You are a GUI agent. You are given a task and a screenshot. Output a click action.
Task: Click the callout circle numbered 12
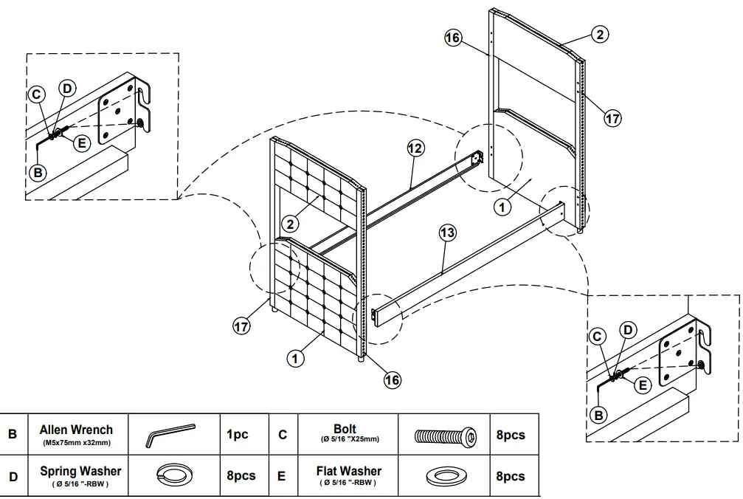click(x=415, y=148)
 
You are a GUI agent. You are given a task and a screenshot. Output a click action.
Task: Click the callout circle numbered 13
click(x=447, y=233)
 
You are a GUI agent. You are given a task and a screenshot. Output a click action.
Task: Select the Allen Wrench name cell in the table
click(x=76, y=435)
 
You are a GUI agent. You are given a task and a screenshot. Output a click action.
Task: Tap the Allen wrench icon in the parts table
click(x=170, y=434)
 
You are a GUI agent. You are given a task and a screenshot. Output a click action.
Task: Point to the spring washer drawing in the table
click(x=171, y=475)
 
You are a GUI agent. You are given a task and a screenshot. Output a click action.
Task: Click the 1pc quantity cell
click(x=237, y=435)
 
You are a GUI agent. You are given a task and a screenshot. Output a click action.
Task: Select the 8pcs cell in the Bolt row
click(x=510, y=435)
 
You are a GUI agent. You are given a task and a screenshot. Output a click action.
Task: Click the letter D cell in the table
click(x=13, y=476)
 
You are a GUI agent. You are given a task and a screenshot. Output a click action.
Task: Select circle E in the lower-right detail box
click(x=643, y=384)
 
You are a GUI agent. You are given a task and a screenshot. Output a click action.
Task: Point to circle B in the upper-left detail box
click(x=38, y=172)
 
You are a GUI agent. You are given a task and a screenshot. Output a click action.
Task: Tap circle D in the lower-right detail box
click(x=627, y=330)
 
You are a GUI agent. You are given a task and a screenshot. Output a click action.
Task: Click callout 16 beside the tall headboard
click(x=453, y=37)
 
